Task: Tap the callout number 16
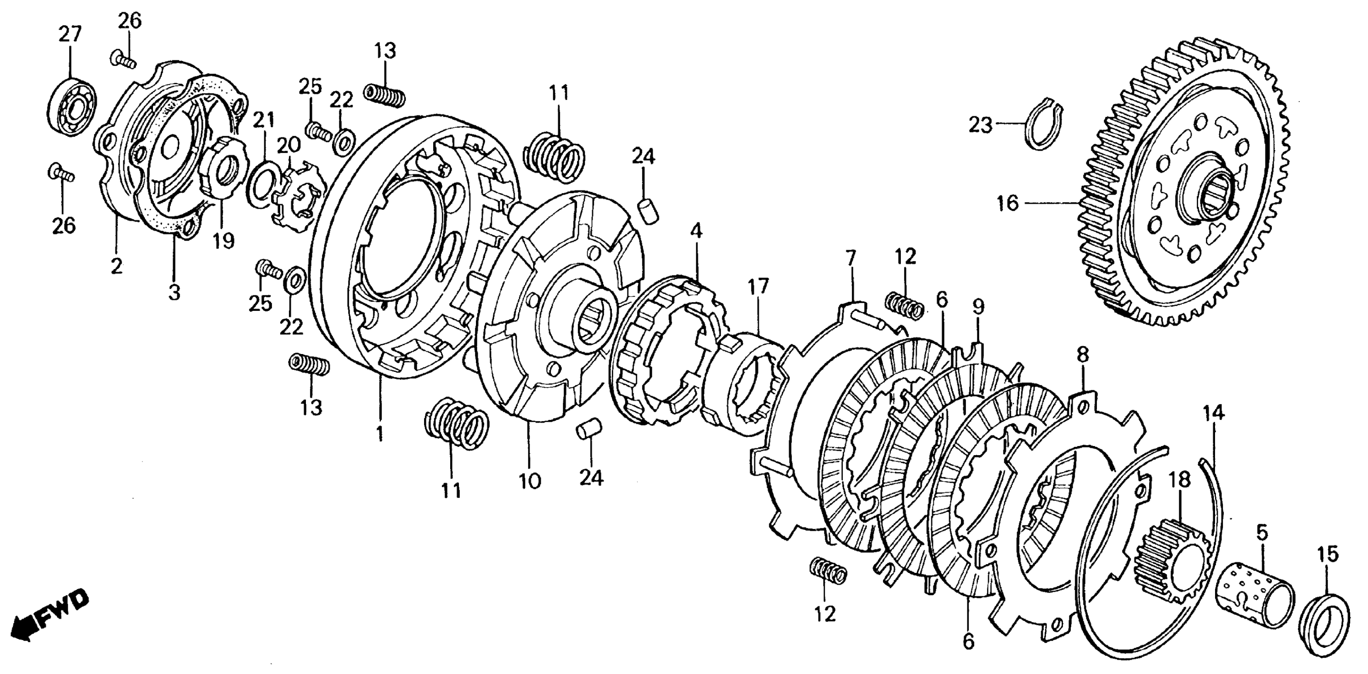(1007, 203)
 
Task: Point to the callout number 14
(1214, 413)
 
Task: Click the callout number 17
(759, 287)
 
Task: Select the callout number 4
(696, 231)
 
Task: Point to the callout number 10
(529, 481)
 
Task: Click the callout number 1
(379, 434)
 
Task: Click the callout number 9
(978, 306)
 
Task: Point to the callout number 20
(289, 144)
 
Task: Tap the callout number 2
(116, 266)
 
